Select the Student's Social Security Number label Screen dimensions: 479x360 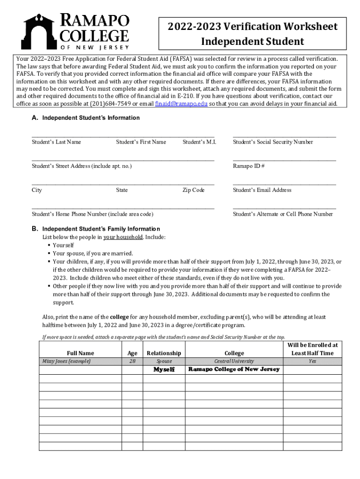click(273, 142)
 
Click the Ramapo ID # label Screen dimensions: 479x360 click(249, 166)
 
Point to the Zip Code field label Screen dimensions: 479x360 click(194, 190)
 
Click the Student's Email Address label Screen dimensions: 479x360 click(262, 190)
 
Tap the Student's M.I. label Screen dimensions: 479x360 click(199, 142)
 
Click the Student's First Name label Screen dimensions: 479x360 click(141, 142)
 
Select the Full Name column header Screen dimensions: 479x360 click(80, 353)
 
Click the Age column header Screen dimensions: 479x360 click(132, 353)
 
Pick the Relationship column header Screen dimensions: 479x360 click(164, 353)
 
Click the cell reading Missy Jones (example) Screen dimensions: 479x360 click(66, 361)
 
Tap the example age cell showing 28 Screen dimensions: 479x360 click(132, 361)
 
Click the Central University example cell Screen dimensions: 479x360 click(234, 361)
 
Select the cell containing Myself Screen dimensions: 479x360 click(164, 370)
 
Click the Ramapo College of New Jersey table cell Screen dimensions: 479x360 click(234, 370)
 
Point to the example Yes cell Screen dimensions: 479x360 click(312, 361)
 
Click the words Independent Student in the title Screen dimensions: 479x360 click(252, 42)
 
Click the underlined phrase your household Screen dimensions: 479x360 click(123, 237)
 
